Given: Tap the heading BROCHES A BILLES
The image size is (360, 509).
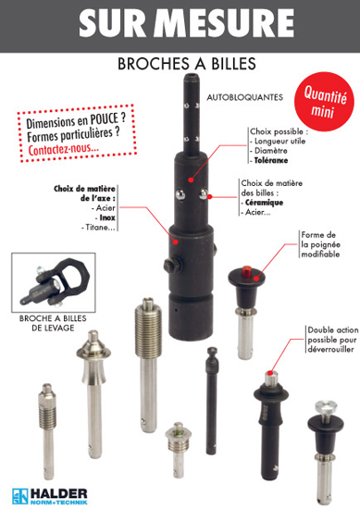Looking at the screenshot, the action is click(x=187, y=64).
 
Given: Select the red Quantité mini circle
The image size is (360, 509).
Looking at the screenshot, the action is click(x=324, y=102).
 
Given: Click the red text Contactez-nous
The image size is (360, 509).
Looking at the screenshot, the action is click(x=64, y=149).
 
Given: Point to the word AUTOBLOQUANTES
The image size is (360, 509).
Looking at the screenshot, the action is click(x=245, y=97).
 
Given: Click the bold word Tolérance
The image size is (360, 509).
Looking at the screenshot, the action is click(x=271, y=160).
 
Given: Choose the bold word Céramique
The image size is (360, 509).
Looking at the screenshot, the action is click(x=265, y=203).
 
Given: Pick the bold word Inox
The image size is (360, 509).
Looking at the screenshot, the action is click(x=107, y=217).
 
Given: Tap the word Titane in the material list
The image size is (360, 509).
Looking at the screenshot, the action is click(x=96, y=228).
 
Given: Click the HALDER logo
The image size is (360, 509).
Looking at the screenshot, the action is click(x=49, y=496).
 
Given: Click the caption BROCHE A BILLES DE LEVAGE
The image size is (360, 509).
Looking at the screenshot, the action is click(x=53, y=323).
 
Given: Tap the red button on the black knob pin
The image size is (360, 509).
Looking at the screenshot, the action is click(x=247, y=271).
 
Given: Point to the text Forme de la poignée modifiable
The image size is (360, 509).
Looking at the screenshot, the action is click(x=320, y=244).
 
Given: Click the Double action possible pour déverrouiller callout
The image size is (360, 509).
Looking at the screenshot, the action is click(x=333, y=340).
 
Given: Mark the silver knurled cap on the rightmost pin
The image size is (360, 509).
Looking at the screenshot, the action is click(x=326, y=408).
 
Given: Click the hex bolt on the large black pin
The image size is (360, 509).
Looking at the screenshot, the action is click(x=172, y=266).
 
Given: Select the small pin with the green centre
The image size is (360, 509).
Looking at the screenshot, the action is click(x=178, y=450).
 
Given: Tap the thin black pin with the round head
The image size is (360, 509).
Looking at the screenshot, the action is click(x=212, y=402).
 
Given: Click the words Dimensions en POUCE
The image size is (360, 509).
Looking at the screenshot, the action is click(x=76, y=120).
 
